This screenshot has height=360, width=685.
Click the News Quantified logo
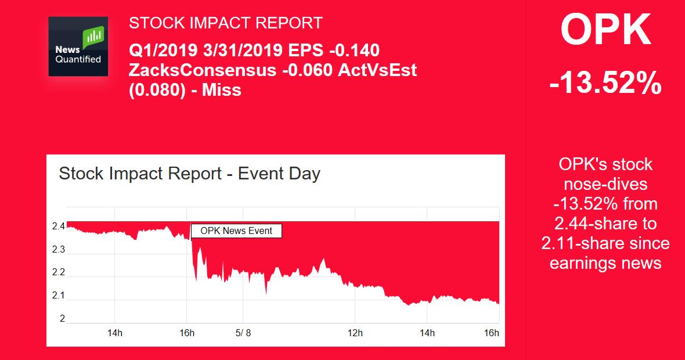78,46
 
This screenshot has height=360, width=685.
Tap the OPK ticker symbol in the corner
606,30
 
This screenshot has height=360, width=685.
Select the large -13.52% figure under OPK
605,82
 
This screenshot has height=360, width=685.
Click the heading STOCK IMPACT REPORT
225,23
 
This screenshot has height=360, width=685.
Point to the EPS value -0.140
354,51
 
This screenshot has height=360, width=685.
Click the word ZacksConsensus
203,70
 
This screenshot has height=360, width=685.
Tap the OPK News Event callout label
236,231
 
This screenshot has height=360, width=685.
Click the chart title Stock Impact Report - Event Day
190,174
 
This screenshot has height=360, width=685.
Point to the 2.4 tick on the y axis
59,226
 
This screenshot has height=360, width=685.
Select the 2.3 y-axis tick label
59,249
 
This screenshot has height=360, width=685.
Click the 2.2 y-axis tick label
59,272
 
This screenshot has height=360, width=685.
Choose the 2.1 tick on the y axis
59,296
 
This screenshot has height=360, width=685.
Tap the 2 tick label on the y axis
62,319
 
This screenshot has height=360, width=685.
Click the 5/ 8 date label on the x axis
243,333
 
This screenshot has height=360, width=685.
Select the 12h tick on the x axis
355,333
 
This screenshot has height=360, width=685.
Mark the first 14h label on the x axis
115,333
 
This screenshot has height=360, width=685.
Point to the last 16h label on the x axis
492,333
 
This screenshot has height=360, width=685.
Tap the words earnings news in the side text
605,263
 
